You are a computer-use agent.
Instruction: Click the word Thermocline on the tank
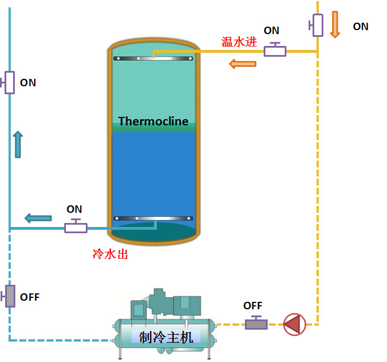pos(153,121)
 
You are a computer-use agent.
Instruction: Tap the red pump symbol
pos(294,324)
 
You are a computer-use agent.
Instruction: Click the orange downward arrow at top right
pos(335,24)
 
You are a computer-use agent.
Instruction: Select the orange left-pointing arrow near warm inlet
pos(243,64)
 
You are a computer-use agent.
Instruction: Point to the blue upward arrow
pos(18,144)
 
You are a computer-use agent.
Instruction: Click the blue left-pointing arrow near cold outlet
pos(38,217)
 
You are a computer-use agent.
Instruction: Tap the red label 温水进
pos(239,42)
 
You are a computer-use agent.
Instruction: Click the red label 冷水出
pos(110,254)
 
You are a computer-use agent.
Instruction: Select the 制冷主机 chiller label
pos(166,338)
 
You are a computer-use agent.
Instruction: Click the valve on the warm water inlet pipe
pos(275,50)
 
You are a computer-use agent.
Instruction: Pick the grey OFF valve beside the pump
pos(256,324)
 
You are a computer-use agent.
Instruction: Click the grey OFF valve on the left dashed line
pos(10,296)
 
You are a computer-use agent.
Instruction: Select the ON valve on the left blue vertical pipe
pos(9,82)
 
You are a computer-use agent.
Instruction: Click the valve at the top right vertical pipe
pos(317,24)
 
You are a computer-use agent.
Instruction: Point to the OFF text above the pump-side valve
pos(253,306)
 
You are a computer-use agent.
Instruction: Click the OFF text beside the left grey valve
pos(30,297)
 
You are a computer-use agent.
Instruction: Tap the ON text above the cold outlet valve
pos(74,209)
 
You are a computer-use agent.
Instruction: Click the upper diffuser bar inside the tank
pos(153,58)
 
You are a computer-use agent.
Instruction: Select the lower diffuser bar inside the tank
pos(153,218)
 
